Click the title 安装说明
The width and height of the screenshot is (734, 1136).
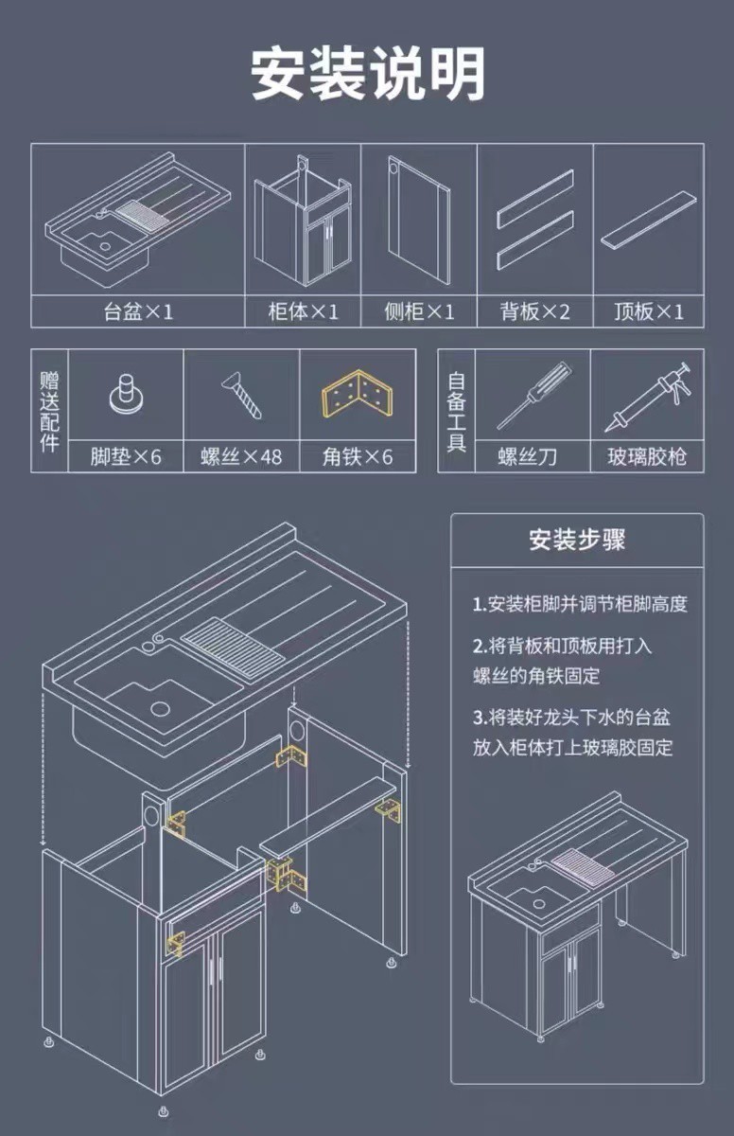pos(367,73)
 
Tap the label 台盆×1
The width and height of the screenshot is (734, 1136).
pos(138,311)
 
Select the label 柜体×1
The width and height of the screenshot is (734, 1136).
pos(303,311)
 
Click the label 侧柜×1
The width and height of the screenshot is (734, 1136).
pos(419,311)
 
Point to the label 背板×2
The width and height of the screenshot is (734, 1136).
pos(535,311)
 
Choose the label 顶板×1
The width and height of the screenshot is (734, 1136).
pos(649,311)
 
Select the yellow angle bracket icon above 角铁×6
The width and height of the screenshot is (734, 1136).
pos(357,396)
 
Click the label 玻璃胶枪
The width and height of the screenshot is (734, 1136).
pos(648,458)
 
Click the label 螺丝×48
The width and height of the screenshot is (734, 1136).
pos(241,458)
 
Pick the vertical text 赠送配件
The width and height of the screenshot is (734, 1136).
pos(49,411)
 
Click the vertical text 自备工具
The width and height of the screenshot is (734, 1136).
pos(457,411)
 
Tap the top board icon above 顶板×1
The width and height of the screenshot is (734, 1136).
pos(650,222)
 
